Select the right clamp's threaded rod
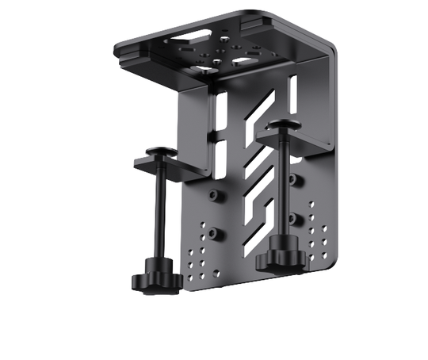[x=281, y=190]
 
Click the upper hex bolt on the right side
[x=294, y=179]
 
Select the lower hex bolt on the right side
[x=294, y=217]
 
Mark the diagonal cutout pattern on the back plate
[x=258, y=170]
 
